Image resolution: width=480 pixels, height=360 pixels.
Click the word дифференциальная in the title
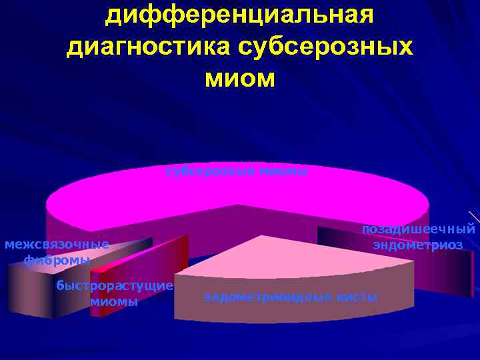(239, 15)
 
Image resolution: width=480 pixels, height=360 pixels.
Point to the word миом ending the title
(239, 79)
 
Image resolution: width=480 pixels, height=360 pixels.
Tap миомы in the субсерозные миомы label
(283, 172)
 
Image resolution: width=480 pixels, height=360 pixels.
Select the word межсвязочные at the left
(57, 244)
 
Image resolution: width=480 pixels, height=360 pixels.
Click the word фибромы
(57, 260)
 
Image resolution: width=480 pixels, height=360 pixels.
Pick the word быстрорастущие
(115, 286)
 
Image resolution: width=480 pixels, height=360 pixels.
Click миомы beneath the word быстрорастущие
(115, 301)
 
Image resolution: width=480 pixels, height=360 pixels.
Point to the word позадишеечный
(418, 229)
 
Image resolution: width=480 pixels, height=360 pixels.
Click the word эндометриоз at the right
(418, 245)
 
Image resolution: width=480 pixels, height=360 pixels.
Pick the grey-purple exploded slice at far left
(30, 290)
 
